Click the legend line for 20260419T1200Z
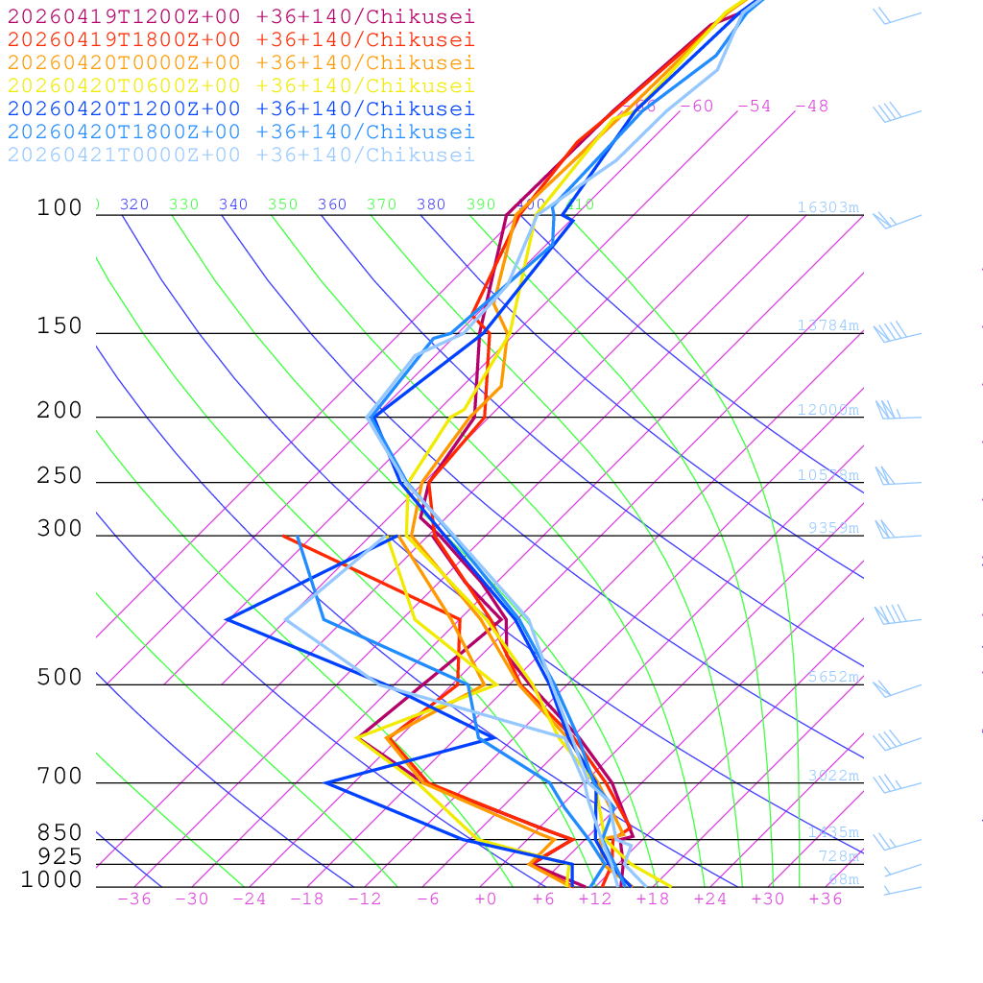pyautogui.click(x=240, y=17)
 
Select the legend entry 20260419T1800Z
pyautogui.click(x=240, y=40)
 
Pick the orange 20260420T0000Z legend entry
pyautogui.click(x=240, y=63)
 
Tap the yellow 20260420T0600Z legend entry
pyautogui.click(x=240, y=86)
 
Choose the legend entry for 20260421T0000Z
pyautogui.click(x=240, y=156)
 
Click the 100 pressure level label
pyautogui.click(x=60, y=208)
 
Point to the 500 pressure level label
pyautogui.click(x=60, y=679)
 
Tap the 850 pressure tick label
pyautogui.click(x=60, y=833)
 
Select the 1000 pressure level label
pyautogui.click(x=52, y=880)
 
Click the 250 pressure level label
pyautogui.click(x=60, y=476)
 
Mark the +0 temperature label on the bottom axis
pyautogui.click(x=486, y=899)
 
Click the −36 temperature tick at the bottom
pyautogui.click(x=134, y=899)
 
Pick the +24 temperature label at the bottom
pyautogui.click(x=710, y=899)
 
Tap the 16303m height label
pyautogui.click(x=827, y=207)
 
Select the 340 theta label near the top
pyautogui.click(x=233, y=204)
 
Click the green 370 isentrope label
pyautogui.click(x=381, y=204)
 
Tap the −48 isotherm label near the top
pyautogui.click(x=811, y=107)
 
